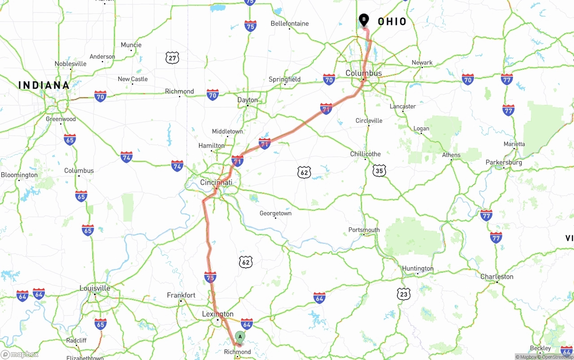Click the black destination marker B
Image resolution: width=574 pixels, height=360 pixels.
point(364,20)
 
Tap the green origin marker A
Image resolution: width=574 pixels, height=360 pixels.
point(240,336)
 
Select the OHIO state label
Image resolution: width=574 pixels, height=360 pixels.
point(392,22)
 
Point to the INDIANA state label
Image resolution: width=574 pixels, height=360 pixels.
point(44,85)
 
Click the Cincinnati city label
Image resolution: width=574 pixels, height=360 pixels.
point(216,182)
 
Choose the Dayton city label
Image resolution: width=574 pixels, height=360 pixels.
point(248,100)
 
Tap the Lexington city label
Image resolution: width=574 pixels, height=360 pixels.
point(217,314)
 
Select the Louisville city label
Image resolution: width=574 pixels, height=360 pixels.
point(95,288)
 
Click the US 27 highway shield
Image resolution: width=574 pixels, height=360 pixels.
point(172,57)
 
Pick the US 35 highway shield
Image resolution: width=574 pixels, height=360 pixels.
point(379,170)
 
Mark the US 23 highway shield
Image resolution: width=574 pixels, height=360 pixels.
point(404,294)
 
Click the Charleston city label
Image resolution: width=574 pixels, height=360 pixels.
point(496,277)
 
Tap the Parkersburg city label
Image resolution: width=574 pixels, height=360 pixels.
point(504,162)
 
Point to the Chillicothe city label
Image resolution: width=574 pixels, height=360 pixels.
point(365,154)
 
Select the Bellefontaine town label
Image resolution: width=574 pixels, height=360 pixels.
point(289,23)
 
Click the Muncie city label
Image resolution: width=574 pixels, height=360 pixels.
point(131,45)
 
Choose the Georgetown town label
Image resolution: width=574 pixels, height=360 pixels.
point(275,213)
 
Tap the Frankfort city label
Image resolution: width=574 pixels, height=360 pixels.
point(181,295)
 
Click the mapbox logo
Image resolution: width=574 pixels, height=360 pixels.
point(20,354)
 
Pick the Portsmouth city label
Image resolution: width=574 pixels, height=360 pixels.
point(364,230)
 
